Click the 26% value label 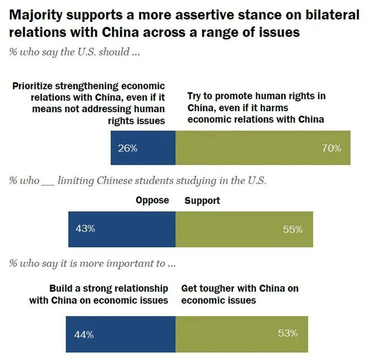[x=128, y=148]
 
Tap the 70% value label [x=331, y=148]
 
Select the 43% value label [x=85, y=228]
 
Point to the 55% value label [x=293, y=229]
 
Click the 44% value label [x=84, y=334]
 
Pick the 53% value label [x=288, y=333]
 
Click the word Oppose [x=152, y=200]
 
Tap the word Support [x=202, y=200]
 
